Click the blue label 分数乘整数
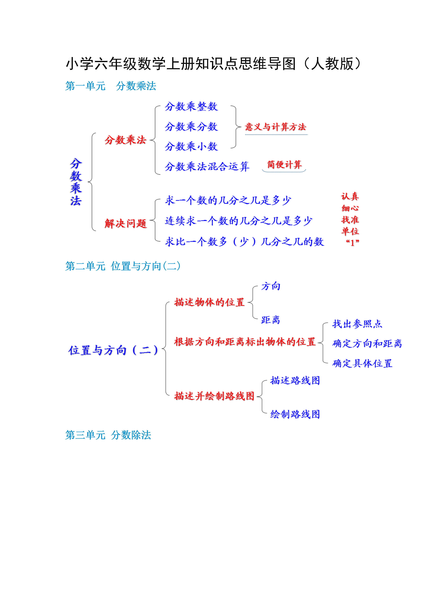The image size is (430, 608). (x=191, y=107)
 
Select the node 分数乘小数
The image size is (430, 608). (x=191, y=146)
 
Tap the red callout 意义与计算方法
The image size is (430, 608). (x=275, y=127)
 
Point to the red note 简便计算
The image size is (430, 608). (x=284, y=165)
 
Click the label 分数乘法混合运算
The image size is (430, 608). (x=207, y=167)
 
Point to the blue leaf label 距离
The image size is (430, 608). (x=271, y=320)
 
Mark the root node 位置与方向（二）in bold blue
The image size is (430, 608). (x=113, y=350)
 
